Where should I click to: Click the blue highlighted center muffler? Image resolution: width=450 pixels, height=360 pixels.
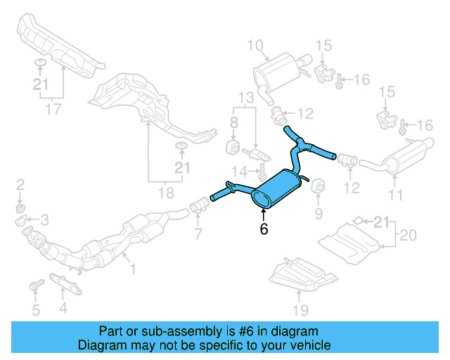tap(278, 190)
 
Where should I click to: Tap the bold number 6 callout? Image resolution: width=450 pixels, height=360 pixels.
tap(264, 228)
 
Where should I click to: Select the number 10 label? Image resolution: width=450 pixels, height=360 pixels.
tap(255, 46)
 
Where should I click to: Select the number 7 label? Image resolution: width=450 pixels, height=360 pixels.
tap(198, 233)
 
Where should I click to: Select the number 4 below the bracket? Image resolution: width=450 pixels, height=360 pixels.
tap(63, 307)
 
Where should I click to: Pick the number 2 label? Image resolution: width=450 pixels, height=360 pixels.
tap(20, 185)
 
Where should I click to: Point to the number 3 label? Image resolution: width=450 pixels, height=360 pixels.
tap(44, 220)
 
